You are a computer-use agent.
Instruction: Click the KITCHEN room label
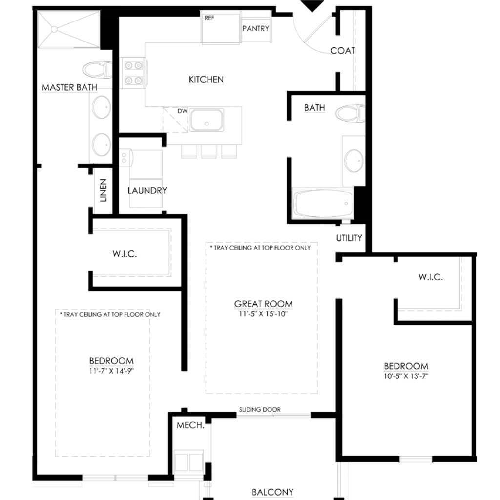[x=206, y=80]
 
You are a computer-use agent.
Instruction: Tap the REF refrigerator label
[x=209, y=18]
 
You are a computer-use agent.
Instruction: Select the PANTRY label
[x=255, y=29]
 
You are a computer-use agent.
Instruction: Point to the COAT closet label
[x=342, y=51]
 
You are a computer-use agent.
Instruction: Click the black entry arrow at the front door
[x=312, y=6]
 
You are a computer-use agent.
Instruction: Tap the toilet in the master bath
[x=97, y=69]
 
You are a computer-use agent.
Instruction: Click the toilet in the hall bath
[x=350, y=113]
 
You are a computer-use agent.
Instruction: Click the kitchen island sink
[x=207, y=120]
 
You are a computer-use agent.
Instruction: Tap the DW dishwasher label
[x=183, y=111]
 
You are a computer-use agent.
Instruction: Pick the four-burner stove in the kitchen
[x=133, y=73]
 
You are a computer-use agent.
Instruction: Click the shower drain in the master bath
[x=54, y=29]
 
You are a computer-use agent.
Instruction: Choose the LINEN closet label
[x=103, y=190]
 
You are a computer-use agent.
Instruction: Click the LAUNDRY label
[x=147, y=191]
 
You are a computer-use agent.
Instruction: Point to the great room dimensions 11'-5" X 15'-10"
[x=263, y=314]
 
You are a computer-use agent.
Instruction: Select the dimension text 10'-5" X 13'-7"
[x=406, y=376]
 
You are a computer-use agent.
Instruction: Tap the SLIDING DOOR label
[x=260, y=410]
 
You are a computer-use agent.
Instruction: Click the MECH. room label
[x=190, y=425]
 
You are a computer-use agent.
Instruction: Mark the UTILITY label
[x=349, y=238]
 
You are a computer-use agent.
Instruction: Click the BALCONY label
[x=272, y=492]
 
